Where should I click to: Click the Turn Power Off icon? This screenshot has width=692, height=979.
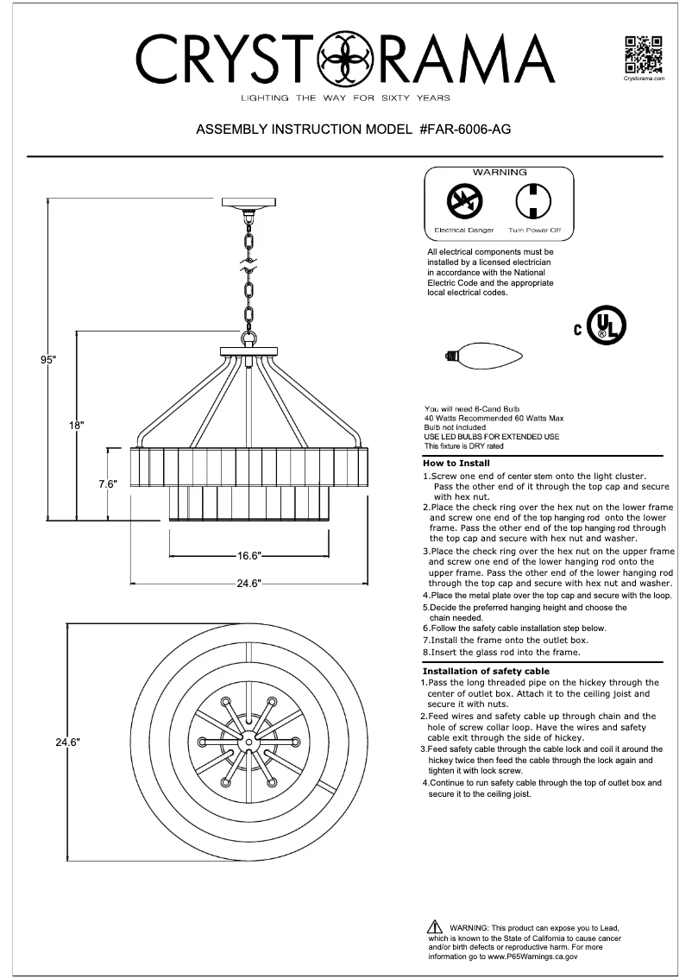click(x=533, y=203)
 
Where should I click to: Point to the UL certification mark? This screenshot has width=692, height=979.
click(x=605, y=326)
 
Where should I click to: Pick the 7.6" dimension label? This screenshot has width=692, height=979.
click(x=107, y=484)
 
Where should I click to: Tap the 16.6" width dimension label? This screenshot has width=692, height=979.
click(x=249, y=556)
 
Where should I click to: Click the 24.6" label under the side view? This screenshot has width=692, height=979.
click(x=249, y=584)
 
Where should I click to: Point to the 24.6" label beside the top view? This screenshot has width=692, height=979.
click(x=68, y=742)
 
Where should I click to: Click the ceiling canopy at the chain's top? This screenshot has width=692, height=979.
click(x=248, y=205)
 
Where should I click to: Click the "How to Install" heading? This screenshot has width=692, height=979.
click(x=456, y=464)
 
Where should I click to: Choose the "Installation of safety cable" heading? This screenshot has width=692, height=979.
click(x=486, y=671)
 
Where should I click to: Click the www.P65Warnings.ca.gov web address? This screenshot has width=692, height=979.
click(x=532, y=957)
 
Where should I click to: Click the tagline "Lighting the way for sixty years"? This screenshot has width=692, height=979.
click(x=345, y=98)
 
